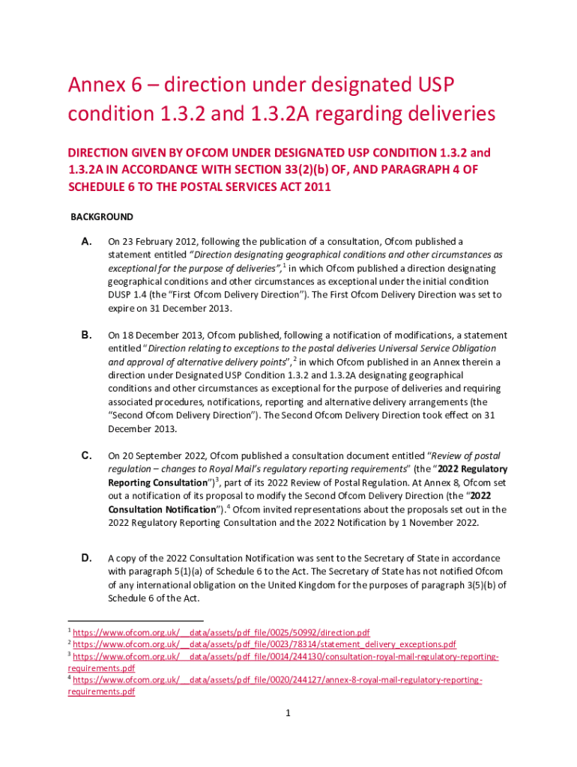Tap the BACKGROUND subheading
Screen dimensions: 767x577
(x=102, y=217)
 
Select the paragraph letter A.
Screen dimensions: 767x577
(x=86, y=242)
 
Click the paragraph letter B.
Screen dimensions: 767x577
(x=86, y=335)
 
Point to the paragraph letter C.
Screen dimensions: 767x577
(x=86, y=455)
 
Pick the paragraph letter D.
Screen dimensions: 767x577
(x=86, y=558)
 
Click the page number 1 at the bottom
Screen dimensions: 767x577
(x=288, y=713)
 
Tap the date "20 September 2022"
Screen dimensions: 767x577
(x=160, y=455)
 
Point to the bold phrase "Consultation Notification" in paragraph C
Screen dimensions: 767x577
(x=161, y=509)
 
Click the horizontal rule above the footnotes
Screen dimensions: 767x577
(x=136, y=621)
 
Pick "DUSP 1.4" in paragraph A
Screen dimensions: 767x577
(x=129, y=295)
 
